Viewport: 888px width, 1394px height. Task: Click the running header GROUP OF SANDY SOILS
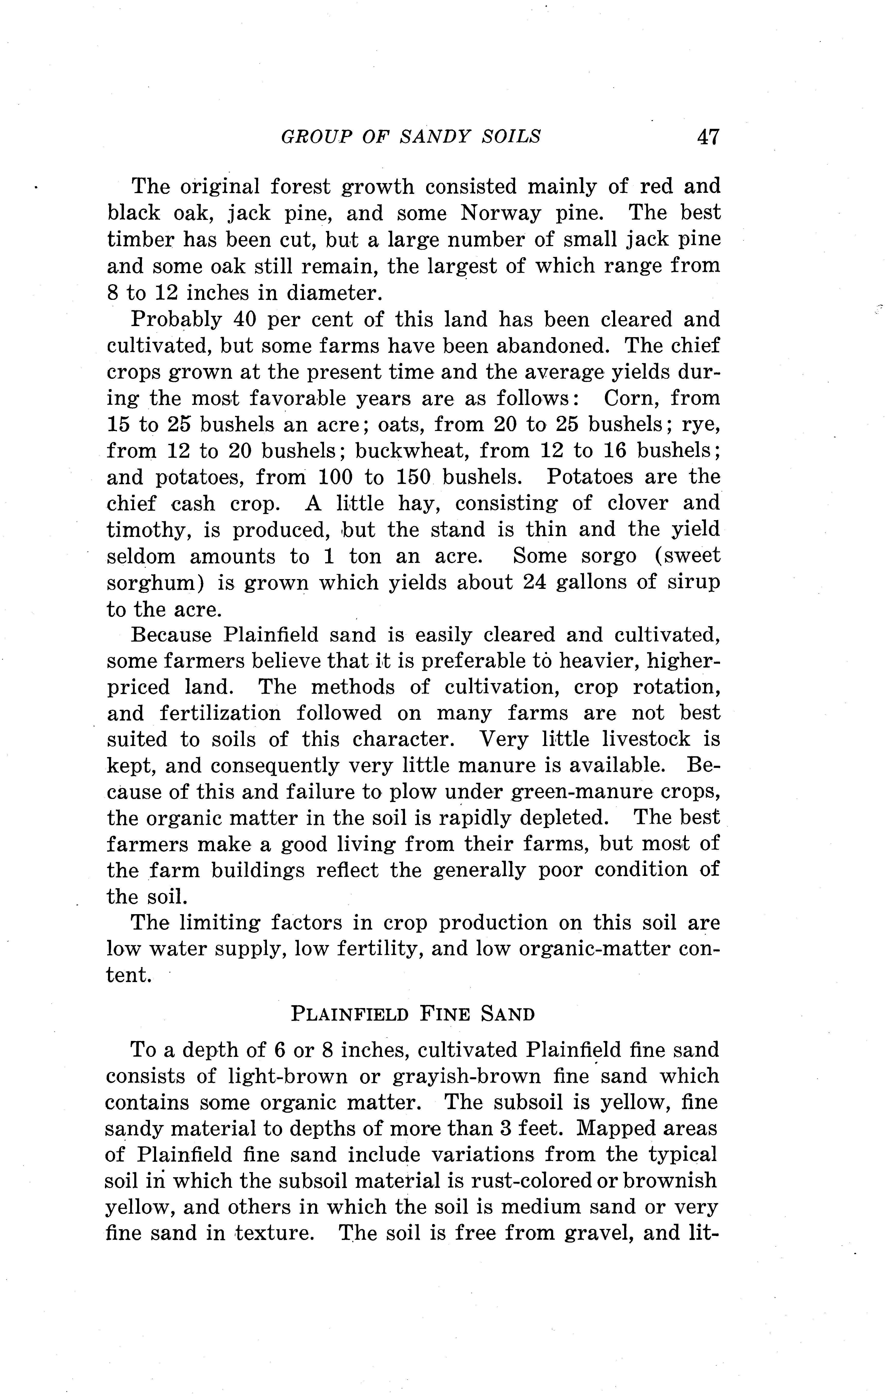(410, 137)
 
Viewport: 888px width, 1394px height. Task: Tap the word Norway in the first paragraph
(501, 213)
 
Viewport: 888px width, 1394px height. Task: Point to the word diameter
(335, 293)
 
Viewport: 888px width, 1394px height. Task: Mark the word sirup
(691, 582)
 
